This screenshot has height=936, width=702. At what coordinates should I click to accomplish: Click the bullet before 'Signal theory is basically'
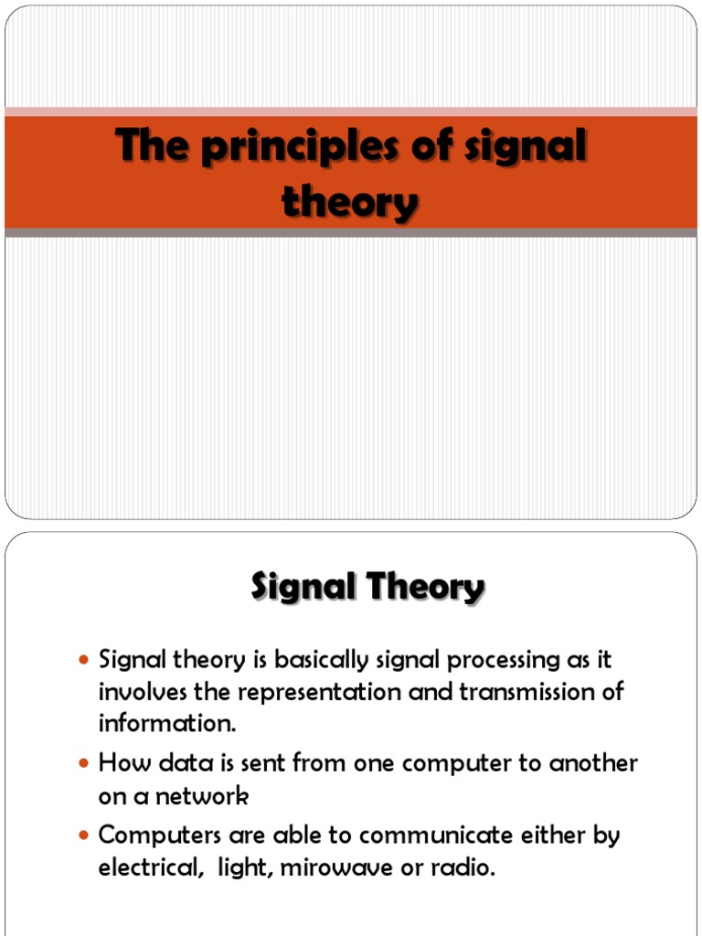[85, 660]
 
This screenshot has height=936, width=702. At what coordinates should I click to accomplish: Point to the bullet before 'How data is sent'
[85, 762]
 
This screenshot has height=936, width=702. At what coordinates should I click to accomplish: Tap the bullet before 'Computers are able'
[85, 835]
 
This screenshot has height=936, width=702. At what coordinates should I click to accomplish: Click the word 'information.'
[167, 724]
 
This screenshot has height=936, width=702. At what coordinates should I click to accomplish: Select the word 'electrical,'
[151, 867]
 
